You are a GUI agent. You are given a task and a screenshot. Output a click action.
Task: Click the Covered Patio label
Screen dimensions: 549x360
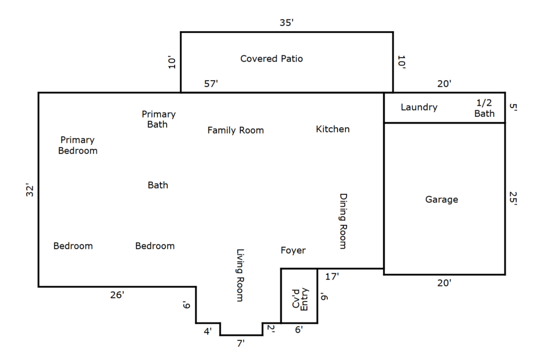[x=271, y=58]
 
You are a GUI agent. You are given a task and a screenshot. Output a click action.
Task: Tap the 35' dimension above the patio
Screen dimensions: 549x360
[x=287, y=22]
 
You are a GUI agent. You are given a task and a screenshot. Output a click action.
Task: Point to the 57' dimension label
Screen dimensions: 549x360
[x=211, y=83]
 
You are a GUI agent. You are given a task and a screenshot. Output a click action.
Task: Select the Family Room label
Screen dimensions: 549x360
[x=236, y=130]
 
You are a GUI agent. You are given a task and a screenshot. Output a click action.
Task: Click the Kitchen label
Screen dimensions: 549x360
[x=333, y=129]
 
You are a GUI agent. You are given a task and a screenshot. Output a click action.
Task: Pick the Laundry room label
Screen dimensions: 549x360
[x=419, y=107]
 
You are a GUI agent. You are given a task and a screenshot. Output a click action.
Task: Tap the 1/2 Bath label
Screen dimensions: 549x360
[x=485, y=108]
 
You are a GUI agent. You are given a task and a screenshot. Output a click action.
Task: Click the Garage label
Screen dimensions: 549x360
[x=441, y=199]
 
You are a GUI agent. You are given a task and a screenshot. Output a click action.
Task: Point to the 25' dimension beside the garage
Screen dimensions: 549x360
[x=513, y=199]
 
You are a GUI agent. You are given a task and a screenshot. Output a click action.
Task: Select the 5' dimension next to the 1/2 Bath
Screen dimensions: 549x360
[x=513, y=107]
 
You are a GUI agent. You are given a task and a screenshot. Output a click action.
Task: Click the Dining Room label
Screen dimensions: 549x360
[x=343, y=221]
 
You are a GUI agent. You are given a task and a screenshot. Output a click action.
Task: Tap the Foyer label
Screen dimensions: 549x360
[x=293, y=250]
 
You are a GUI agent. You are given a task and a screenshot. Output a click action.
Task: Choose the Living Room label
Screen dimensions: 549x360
[x=240, y=275]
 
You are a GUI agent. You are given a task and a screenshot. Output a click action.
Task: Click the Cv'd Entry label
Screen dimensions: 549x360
[x=300, y=299]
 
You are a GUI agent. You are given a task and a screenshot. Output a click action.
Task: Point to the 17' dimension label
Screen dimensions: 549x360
[x=332, y=277]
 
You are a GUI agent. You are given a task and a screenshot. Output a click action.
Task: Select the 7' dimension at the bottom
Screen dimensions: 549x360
[x=240, y=344]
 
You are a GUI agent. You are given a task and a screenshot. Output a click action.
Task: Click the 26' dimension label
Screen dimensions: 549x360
[x=117, y=295]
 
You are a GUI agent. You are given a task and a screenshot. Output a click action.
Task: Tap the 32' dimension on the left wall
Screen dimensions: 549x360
[x=30, y=190]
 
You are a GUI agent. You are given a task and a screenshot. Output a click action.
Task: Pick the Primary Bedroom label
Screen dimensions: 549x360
[x=78, y=145]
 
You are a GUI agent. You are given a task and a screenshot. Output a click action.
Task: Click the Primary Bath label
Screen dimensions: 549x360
[x=159, y=119]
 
